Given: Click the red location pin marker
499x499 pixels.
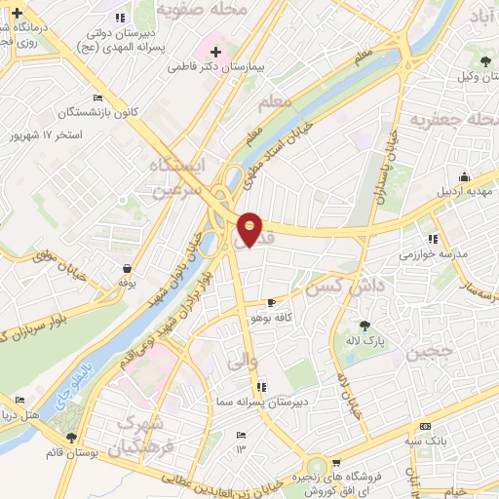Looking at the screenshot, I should tap(250, 228).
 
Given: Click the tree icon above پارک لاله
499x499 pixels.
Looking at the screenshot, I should tap(365, 326).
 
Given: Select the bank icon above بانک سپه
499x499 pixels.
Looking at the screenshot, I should tap(424, 427).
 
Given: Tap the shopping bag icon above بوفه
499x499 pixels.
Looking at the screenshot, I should tap(127, 268).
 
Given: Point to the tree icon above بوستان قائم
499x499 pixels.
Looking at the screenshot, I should tap(70, 439).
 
